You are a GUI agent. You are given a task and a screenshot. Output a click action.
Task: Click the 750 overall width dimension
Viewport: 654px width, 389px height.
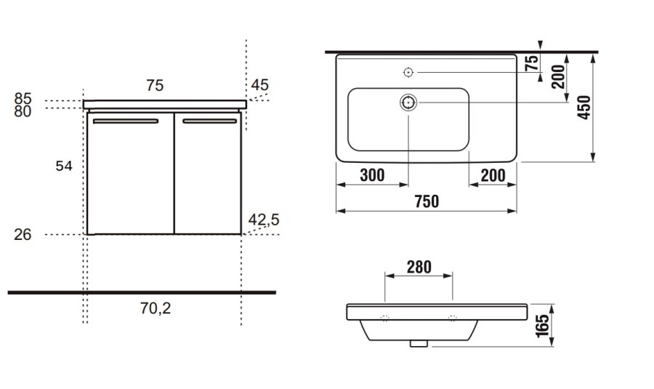tap(427, 201)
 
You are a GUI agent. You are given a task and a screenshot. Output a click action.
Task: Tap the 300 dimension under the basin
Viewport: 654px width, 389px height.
tap(372, 175)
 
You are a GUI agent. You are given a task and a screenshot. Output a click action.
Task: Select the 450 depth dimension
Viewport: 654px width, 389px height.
tap(584, 108)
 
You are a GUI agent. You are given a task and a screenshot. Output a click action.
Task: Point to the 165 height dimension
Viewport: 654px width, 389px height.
tap(542, 326)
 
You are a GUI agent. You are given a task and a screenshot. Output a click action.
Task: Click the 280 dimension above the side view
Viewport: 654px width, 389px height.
tap(419, 267)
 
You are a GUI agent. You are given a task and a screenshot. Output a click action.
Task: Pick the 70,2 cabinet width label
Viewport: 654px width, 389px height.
tap(156, 308)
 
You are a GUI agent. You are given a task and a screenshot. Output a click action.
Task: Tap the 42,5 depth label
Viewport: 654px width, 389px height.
tap(264, 220)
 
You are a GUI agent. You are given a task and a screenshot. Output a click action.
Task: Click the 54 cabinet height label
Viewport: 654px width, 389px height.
tap(64, 166)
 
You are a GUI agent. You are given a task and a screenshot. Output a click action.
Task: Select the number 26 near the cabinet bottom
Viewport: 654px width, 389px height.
tap(23, 235)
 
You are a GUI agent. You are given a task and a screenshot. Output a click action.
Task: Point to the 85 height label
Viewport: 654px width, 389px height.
tap(23, 98)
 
